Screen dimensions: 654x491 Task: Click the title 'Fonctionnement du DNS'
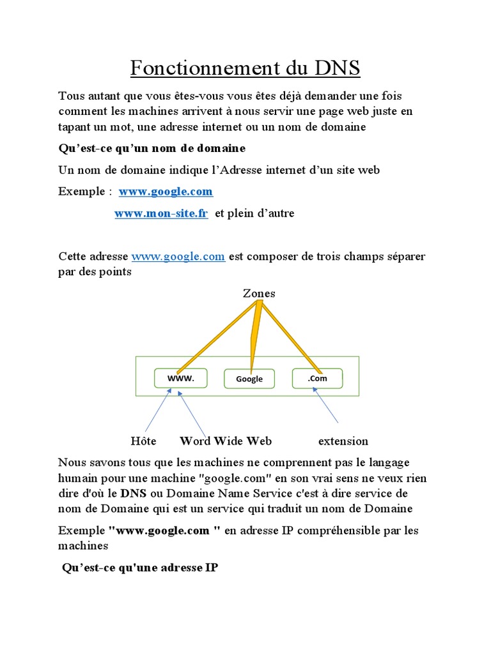(x=245, y=68)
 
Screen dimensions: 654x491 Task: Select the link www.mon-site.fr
(x=161, y=213)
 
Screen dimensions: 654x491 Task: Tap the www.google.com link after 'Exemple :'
(x=166, y=192)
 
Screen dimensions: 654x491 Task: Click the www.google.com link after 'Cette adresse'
(x=178, y=257)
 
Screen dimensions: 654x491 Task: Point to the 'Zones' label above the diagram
(x=259, y=294)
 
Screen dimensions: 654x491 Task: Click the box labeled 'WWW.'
(x=180, y=378)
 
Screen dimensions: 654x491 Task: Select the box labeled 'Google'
(x=249, y=379)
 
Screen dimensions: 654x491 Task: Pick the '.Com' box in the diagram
(x=317, y=378)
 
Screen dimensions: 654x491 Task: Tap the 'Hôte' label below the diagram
(x=143, y=441)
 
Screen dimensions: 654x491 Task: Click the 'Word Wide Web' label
(x=226, y=441)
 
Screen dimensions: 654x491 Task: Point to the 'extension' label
(x=343, y=441)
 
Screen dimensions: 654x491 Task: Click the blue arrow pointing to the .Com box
(x=327, y=406)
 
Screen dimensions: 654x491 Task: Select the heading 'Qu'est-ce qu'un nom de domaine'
(x=152, y=148)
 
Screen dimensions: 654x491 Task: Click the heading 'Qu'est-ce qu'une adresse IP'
(x=140, y=567)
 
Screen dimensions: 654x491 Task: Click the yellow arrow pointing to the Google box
(x=255, y=338)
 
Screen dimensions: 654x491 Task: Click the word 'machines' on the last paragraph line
(x=83, y=546)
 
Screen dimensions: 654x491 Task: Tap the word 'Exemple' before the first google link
(x=82, y=192)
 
